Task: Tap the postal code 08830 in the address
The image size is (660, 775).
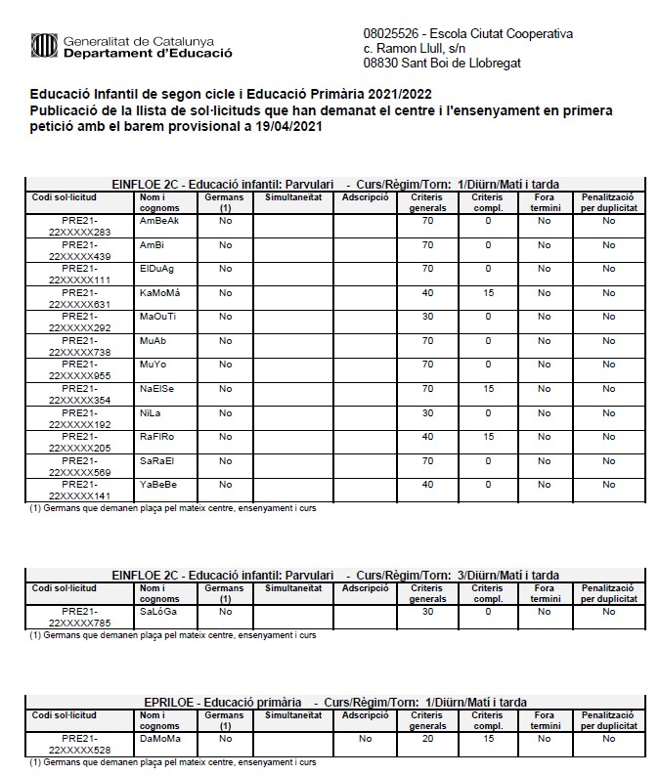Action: [381, 63]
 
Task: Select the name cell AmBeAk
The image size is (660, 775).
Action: [159, 221]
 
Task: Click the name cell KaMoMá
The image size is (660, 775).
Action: [160, 292]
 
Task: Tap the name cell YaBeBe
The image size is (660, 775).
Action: [158, 485]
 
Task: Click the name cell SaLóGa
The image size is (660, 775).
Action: [157, 612]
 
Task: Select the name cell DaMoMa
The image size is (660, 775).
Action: [159, 739]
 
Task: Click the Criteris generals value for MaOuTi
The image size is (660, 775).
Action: [427, 317]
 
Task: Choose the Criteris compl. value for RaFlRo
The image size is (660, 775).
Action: [488, 436]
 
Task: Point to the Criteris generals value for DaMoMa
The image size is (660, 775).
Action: [427, 739]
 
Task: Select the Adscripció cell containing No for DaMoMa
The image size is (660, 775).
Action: [365, 739]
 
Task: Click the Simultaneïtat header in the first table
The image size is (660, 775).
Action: [293, 196]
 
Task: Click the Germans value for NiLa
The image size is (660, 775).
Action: [225, 412]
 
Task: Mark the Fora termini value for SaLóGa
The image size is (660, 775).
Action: [545, 612]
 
